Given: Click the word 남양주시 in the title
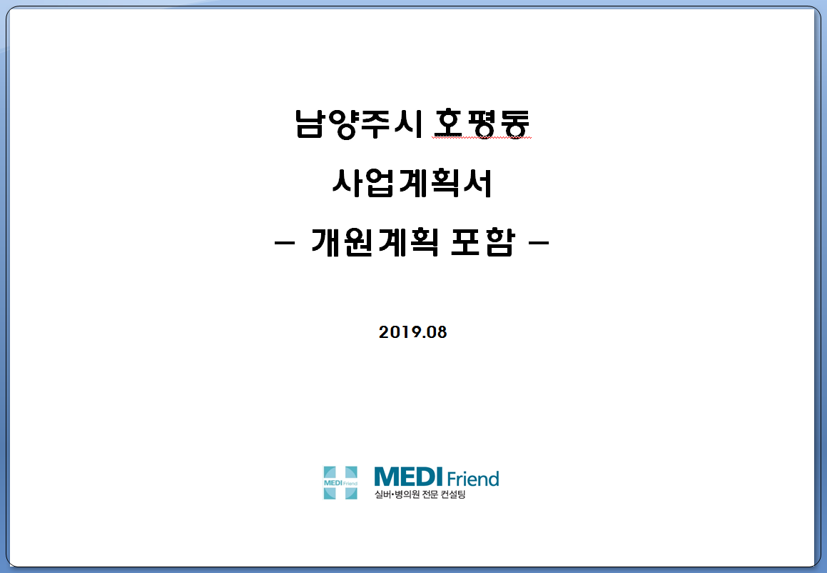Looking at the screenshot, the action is click(359, 124).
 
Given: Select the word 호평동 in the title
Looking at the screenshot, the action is click(481, 124).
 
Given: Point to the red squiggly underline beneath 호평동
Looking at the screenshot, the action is click(481, 138).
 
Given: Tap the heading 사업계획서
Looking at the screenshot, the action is click(412, 183).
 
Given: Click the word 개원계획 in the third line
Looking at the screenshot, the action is click(375, 243).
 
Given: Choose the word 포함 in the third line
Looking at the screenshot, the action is click(482, 243).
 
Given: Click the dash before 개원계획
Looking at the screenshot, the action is click(285, 244).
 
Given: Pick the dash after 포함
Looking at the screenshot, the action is click(539, 244).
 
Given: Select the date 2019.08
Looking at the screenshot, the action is click(413, 332).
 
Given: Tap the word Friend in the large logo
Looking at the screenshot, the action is click(473, 479).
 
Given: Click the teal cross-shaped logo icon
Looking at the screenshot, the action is click(340, 483).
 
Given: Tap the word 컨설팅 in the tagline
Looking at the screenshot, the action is click(454, 494).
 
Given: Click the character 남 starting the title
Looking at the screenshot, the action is click(309, 124).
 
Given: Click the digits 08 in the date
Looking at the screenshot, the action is click(437, 332).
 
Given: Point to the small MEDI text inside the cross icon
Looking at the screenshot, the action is click(333, 483).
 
